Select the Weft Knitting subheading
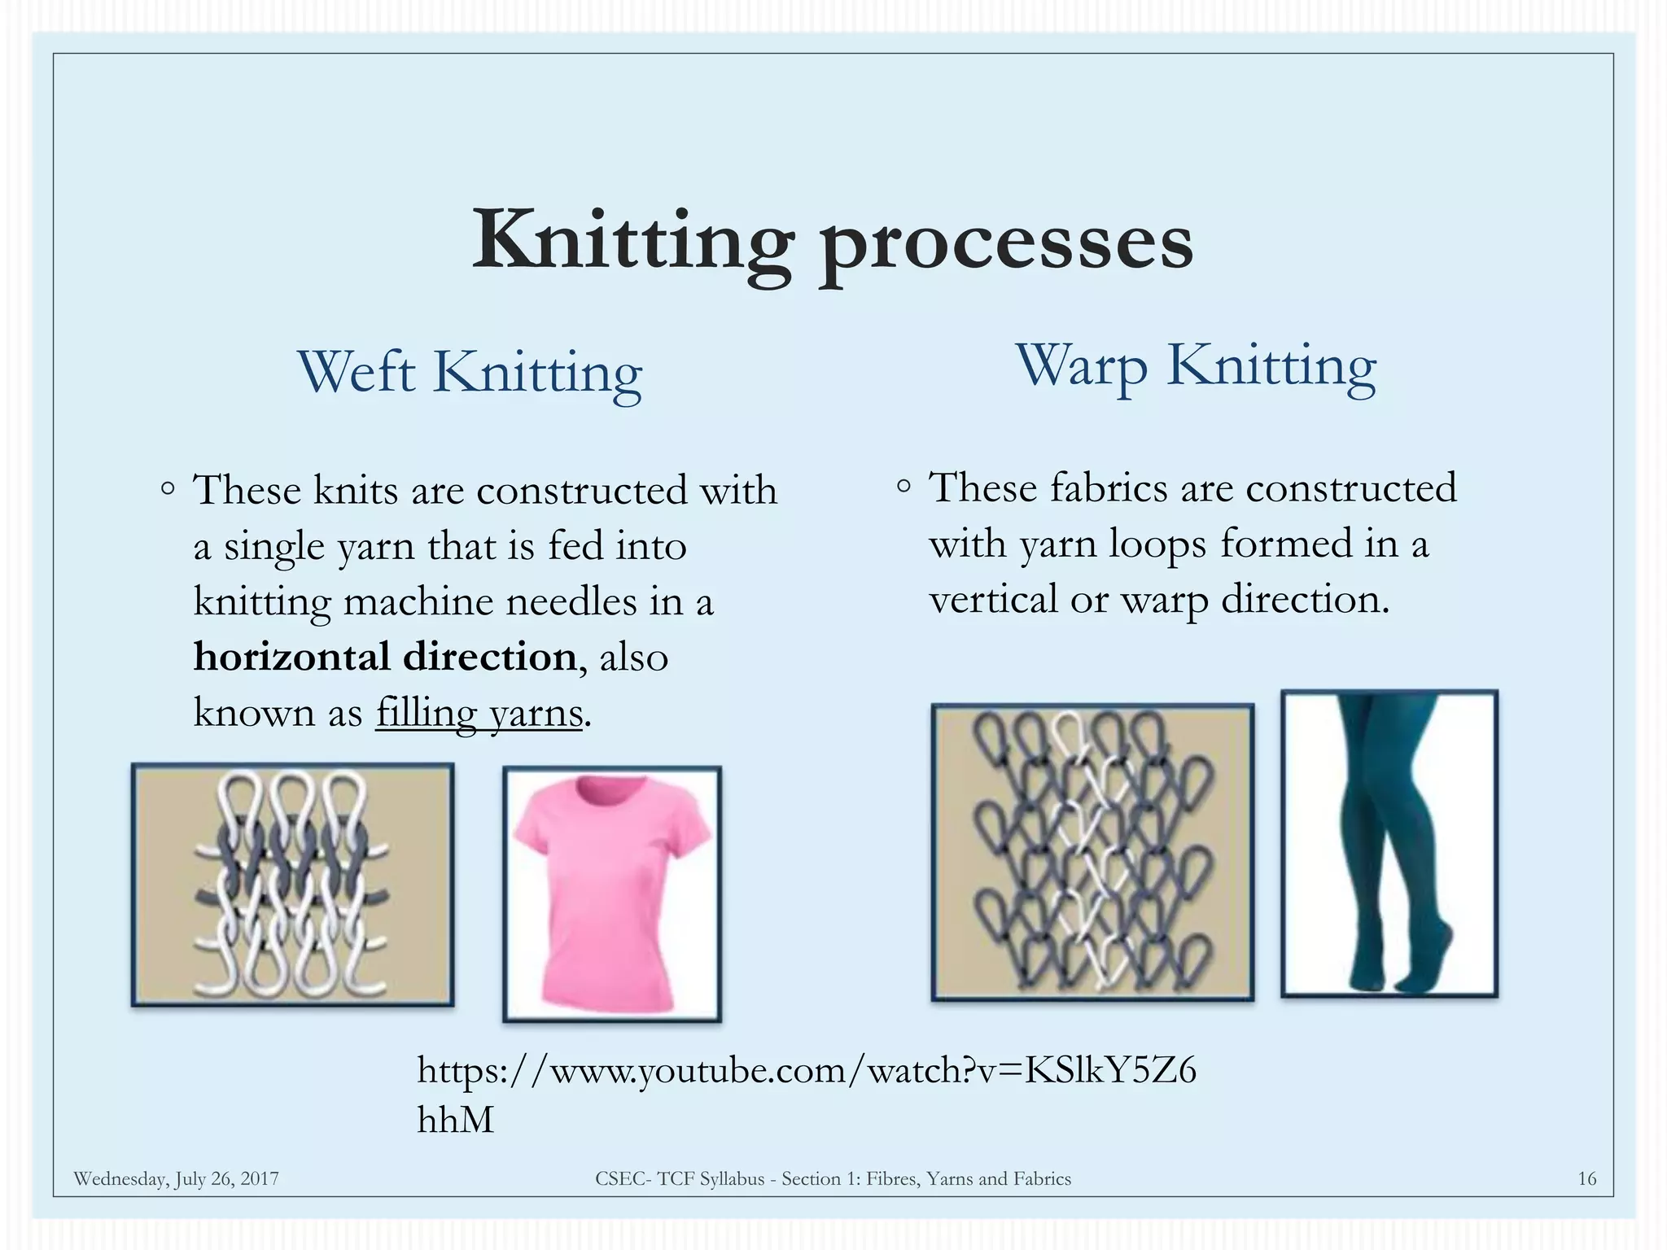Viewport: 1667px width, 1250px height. point(470,373)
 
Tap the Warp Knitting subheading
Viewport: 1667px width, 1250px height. point(1195,366)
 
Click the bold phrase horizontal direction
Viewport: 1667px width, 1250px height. point(385,657)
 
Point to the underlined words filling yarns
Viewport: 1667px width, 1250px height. point(479,713)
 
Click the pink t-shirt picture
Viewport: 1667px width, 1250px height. point(612,894)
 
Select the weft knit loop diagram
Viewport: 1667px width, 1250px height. point(292,885)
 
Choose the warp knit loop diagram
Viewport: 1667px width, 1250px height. point(1092,852)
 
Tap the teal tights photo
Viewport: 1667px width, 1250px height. point(1389,844)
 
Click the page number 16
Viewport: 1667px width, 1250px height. point(1586,1178)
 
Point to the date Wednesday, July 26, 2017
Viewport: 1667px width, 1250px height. point(176,1178)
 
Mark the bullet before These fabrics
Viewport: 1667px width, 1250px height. point(904,487)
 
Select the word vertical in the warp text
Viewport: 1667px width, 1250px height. point(992,600)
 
